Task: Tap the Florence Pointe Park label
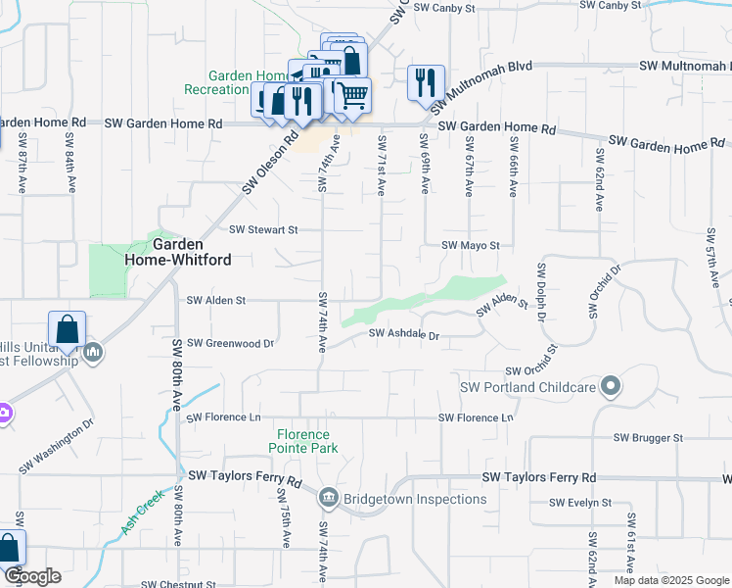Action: click(303, 441)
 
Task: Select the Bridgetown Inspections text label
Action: click(415, 499)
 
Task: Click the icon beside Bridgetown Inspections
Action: click(328, 499)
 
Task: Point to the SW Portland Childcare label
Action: click(528, 387)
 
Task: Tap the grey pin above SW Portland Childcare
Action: click(611, 386)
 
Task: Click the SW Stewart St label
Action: click(262, 230)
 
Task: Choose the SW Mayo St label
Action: click(471, 245)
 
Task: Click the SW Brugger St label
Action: click(648, 438)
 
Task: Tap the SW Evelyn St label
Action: click(580, 503)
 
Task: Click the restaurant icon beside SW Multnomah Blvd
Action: click(426, 81)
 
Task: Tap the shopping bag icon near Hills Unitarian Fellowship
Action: click(68, 328)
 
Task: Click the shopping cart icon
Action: click(352, 94)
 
